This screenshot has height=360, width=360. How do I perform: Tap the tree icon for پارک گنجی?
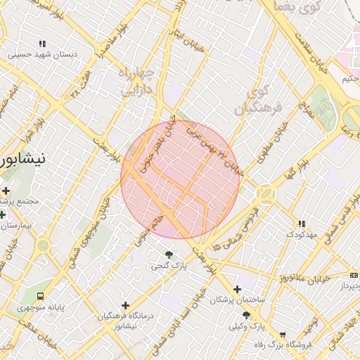[169, 254]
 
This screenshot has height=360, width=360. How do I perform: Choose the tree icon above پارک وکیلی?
[245, 314]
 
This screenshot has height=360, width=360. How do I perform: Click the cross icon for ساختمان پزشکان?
[237, 288]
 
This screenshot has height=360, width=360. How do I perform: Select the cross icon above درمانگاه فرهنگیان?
[126, 305]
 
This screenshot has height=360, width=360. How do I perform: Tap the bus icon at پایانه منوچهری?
[40, 296]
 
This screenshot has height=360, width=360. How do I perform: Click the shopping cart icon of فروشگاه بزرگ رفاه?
[283, 335]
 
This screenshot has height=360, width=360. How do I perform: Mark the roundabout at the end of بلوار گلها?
[265, 192]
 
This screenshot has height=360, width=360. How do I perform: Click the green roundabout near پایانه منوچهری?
[44, 246]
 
